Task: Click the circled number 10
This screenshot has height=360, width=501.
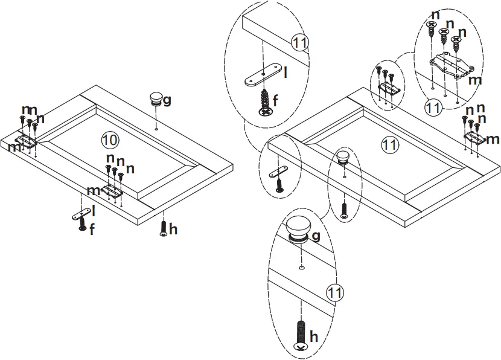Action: pos(109,140)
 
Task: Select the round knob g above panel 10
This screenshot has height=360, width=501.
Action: pos(156,99)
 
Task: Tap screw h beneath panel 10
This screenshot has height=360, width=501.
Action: pos(164,228)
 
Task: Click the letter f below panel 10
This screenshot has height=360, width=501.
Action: pos(92,230)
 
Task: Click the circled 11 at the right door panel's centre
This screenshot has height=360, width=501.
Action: pos(391,144)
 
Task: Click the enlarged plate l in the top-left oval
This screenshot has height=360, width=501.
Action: pos(264,74)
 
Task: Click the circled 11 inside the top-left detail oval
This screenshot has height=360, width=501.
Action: pos(300,43)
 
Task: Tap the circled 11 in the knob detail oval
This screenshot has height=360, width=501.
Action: pos(335,292)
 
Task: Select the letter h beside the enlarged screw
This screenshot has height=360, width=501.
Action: pos(313,336)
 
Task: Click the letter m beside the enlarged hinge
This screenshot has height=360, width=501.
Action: pos(475,80)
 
